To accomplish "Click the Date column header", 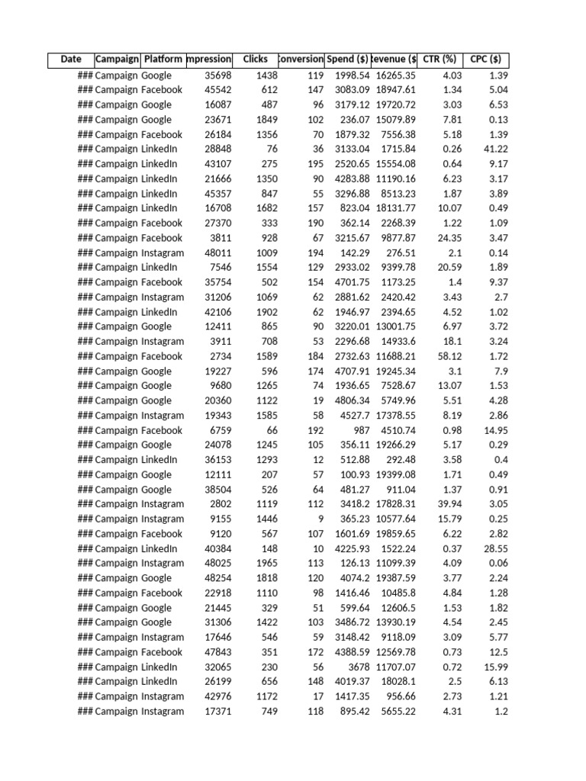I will point(71,59).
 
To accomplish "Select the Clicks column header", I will point(255,59).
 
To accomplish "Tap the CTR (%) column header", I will point(439,59).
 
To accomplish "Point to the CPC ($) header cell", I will point(485,59).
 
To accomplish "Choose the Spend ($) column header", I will point(347,59).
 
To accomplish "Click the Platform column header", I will point(163,59).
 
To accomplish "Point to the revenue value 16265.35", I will point(395,76).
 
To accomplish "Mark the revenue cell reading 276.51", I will point(400,253).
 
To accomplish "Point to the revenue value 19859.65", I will point(395,534).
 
